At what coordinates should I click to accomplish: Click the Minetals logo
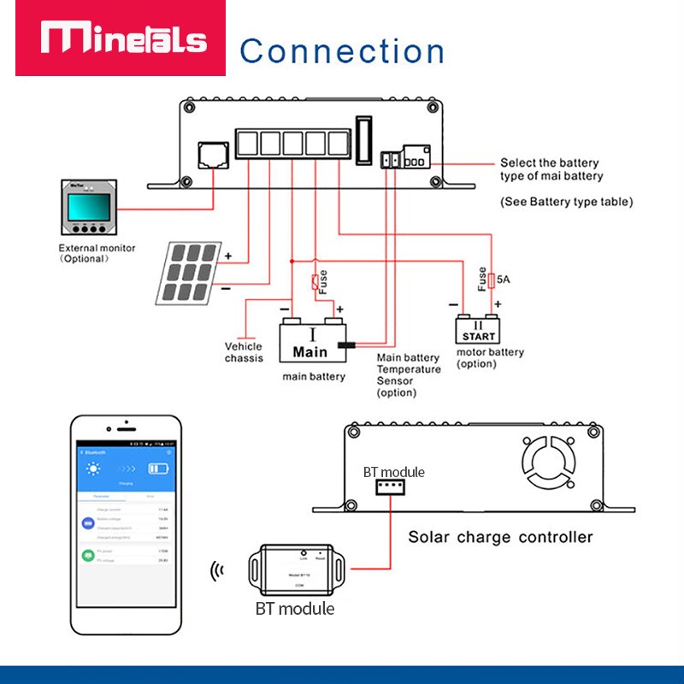[125, 39]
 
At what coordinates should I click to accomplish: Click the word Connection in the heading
[342, 50]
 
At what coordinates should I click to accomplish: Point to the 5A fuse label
[504, 278]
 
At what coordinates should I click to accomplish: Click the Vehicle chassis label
[244, 352]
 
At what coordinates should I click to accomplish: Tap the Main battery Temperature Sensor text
[409, 375]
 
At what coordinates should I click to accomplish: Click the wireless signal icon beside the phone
[218, 571]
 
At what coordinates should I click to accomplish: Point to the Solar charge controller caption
[500, 537]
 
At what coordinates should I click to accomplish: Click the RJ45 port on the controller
[211, 155]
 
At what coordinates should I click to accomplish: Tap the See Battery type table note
[566, 202]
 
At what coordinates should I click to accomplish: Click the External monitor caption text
[92, 253]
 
